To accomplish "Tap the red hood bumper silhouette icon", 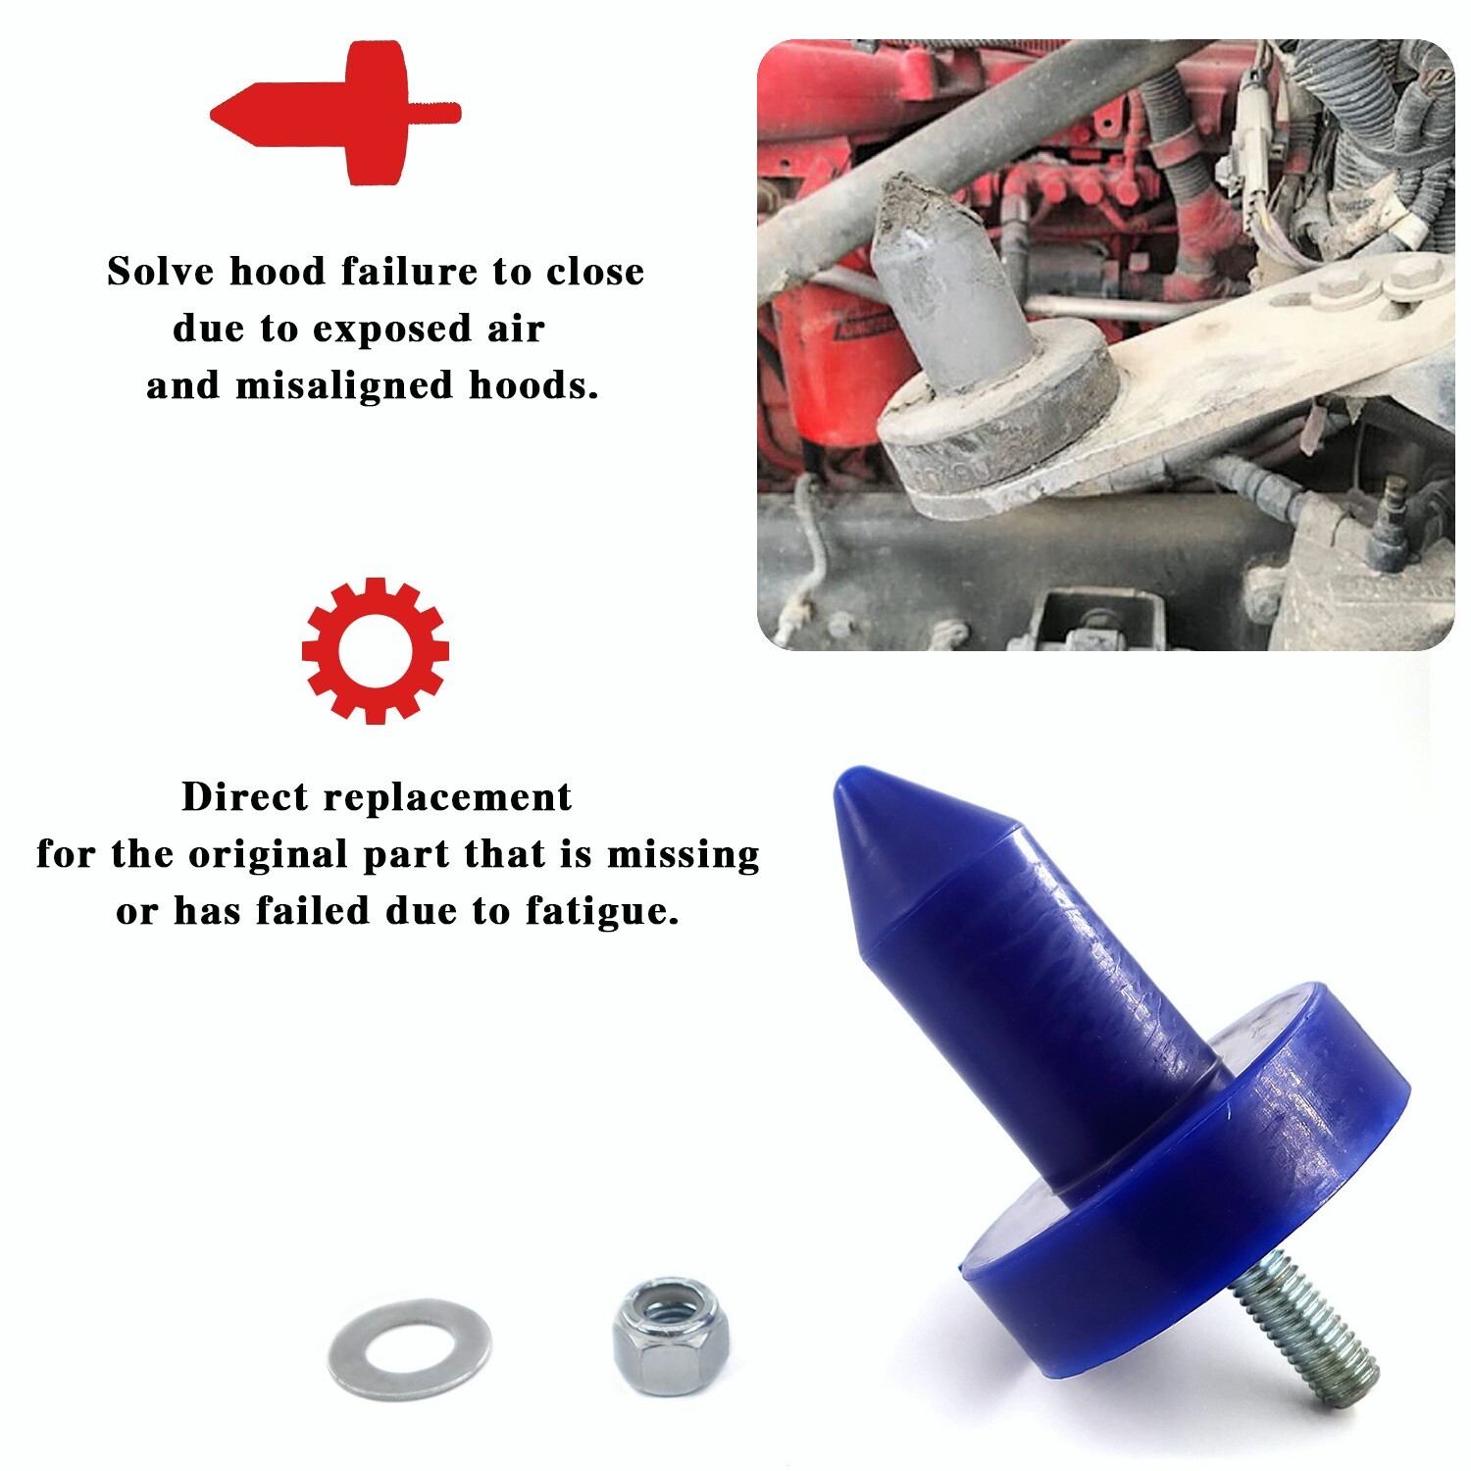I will point(333,113).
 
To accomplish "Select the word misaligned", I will point(344,385).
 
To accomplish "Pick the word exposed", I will point(392,330).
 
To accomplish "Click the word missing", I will point(684,854).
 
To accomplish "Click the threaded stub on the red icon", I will point(435,113).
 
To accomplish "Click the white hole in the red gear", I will point(375,651).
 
